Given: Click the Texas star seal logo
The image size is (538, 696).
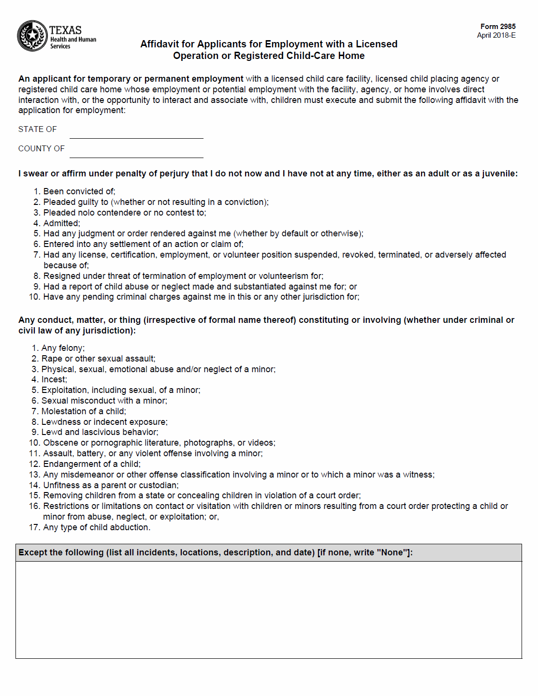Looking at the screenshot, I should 32,36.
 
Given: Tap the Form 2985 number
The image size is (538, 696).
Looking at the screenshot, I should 498,27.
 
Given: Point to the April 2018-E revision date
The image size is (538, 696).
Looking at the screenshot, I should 496,35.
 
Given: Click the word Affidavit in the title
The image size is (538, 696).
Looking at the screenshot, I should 160,44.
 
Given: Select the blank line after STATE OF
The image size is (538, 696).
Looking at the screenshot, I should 136,133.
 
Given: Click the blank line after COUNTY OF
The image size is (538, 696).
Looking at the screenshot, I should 136,153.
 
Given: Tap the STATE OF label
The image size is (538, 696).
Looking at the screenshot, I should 38,130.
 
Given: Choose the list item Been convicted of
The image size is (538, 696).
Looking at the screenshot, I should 79,191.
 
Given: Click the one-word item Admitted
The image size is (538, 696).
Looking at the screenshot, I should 61,223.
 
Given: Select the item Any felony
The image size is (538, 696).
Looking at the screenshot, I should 63,348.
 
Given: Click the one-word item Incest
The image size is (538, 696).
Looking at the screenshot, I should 54,380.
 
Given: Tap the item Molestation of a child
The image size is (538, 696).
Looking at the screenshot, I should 83,411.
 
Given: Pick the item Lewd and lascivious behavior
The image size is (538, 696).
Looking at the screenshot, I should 100,432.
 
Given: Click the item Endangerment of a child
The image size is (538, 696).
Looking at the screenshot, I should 92,464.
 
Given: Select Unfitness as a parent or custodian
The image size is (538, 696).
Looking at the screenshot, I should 111,485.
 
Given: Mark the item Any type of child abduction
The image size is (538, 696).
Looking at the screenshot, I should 97,527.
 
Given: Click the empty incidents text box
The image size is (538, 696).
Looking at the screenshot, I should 269,609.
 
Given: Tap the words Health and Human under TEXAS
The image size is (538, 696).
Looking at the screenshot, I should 73,40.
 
